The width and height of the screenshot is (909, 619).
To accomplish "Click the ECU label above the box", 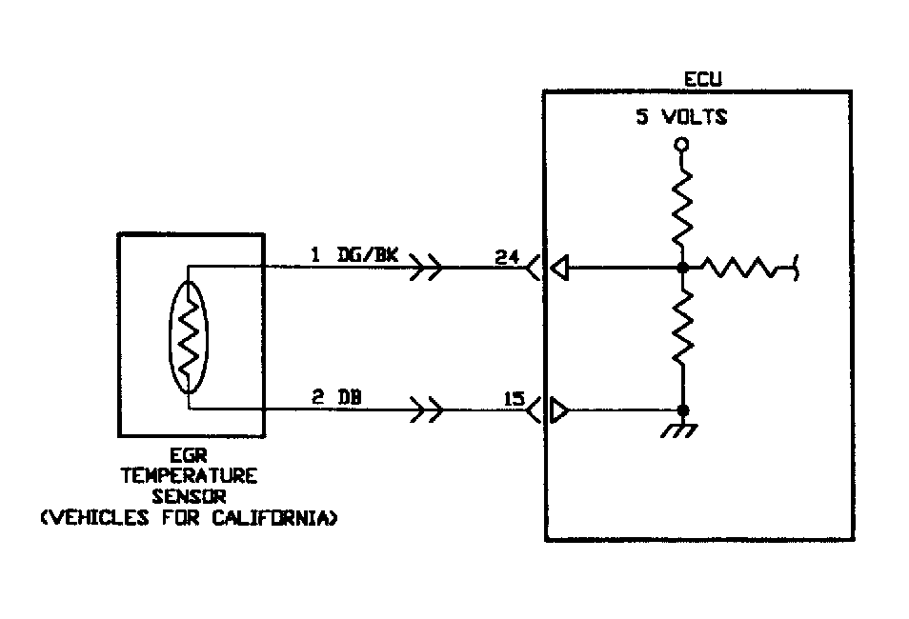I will pyautogui.click(x=703, y=78).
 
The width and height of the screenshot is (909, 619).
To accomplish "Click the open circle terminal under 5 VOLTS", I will pyautogui.click(x=680, y=145).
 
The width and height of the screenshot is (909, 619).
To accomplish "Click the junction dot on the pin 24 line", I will pyautogui.click(x=681, y=270).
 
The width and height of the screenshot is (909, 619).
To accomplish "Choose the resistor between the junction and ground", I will pyautogui.click(x=681, y=329).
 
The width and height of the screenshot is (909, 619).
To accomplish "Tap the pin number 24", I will pyautogui.click(x=508, y=255).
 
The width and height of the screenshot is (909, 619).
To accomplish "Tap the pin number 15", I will pyautogui.click(x=514, y=399).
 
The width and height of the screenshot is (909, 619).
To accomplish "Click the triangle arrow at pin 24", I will pyautogui.click(x=560, y=270).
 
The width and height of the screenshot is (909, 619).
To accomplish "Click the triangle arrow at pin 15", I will pyautogui.click(x=560, y=412).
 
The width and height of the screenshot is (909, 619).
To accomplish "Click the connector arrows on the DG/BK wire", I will pyautogui.click(x=426, y=270).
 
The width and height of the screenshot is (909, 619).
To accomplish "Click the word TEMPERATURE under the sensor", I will pyautogui.click(x=189, y=476).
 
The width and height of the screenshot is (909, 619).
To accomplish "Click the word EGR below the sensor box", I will pyautogui.click(x=189, y=456).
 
